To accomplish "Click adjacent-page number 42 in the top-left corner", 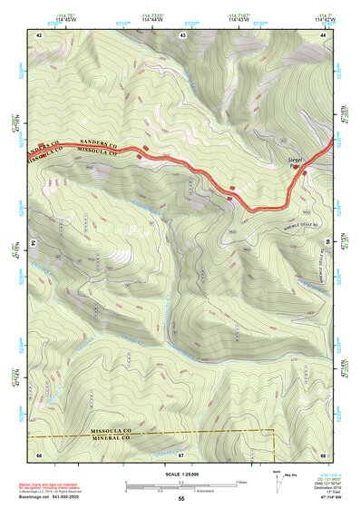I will coord(39,34).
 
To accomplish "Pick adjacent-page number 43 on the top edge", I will coord(182,34).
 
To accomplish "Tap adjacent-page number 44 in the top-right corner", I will coord(322,34).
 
